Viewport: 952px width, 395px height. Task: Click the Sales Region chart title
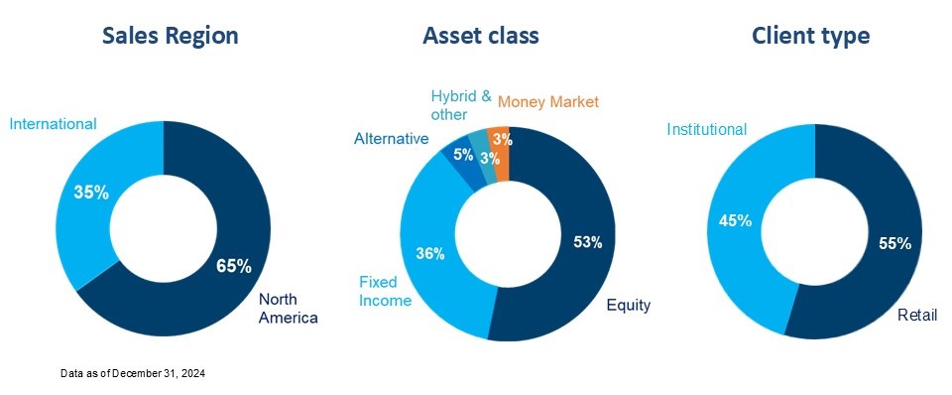tap(171, 36)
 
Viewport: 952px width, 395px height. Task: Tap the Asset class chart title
tap(481, 36)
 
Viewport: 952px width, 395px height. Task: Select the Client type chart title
tap(810, 36)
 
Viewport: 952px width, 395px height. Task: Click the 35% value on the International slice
tap(91, 193)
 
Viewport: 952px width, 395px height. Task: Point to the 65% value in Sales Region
tap(234, 265)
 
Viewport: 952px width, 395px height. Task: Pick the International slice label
tap(53, 124)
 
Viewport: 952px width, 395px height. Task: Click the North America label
tap(289, 308)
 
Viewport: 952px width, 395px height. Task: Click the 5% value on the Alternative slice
tap(463, 155)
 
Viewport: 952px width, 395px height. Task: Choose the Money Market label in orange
tap(548, 101)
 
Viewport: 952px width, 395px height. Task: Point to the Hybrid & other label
tap(461, 105)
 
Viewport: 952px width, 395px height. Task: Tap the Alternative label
tap(391, 139)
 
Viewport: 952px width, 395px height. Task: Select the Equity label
tap(629, 305)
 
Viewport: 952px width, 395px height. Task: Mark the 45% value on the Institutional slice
tap(736, 219)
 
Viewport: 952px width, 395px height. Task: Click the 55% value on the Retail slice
tap(894, 244)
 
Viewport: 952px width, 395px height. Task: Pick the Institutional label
tap(706, 129)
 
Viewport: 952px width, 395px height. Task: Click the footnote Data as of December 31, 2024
tap(132, 372)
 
